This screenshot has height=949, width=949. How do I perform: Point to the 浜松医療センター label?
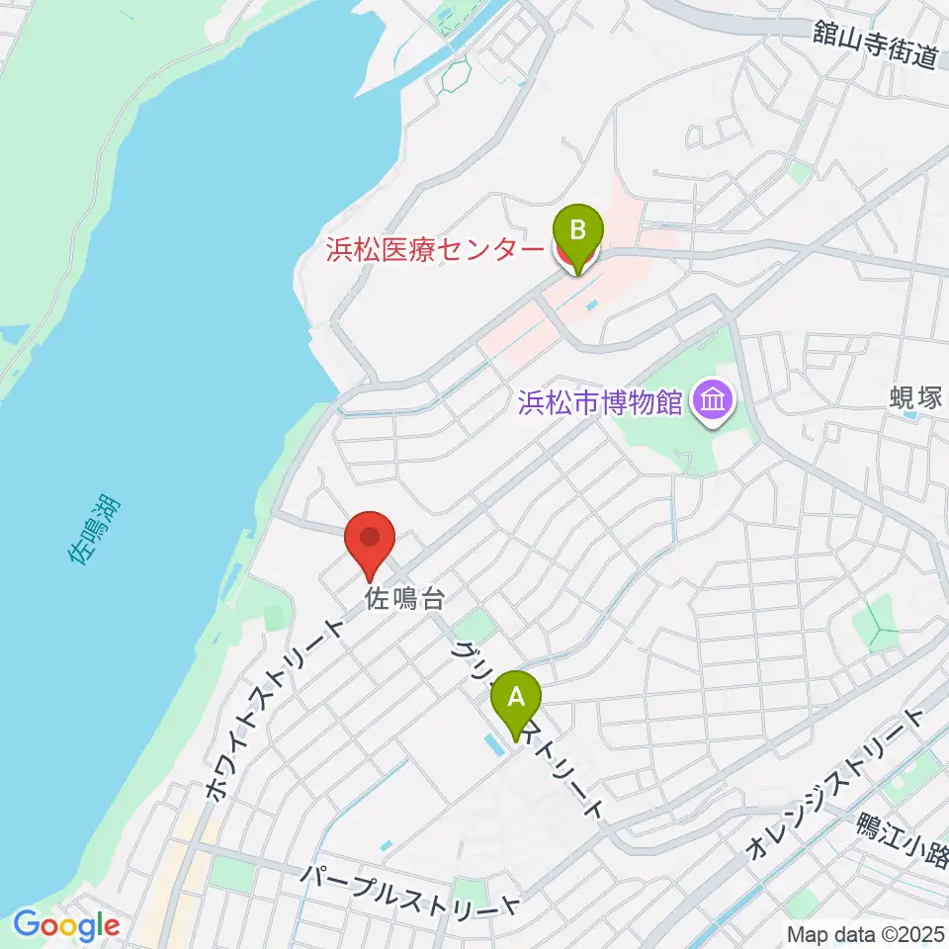435,248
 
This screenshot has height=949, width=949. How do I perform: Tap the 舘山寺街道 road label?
877,45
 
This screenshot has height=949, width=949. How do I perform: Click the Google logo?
66,926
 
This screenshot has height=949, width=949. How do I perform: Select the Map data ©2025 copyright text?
863,933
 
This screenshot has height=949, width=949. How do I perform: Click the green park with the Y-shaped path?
876,626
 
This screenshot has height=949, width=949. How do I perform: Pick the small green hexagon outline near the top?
457,74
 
